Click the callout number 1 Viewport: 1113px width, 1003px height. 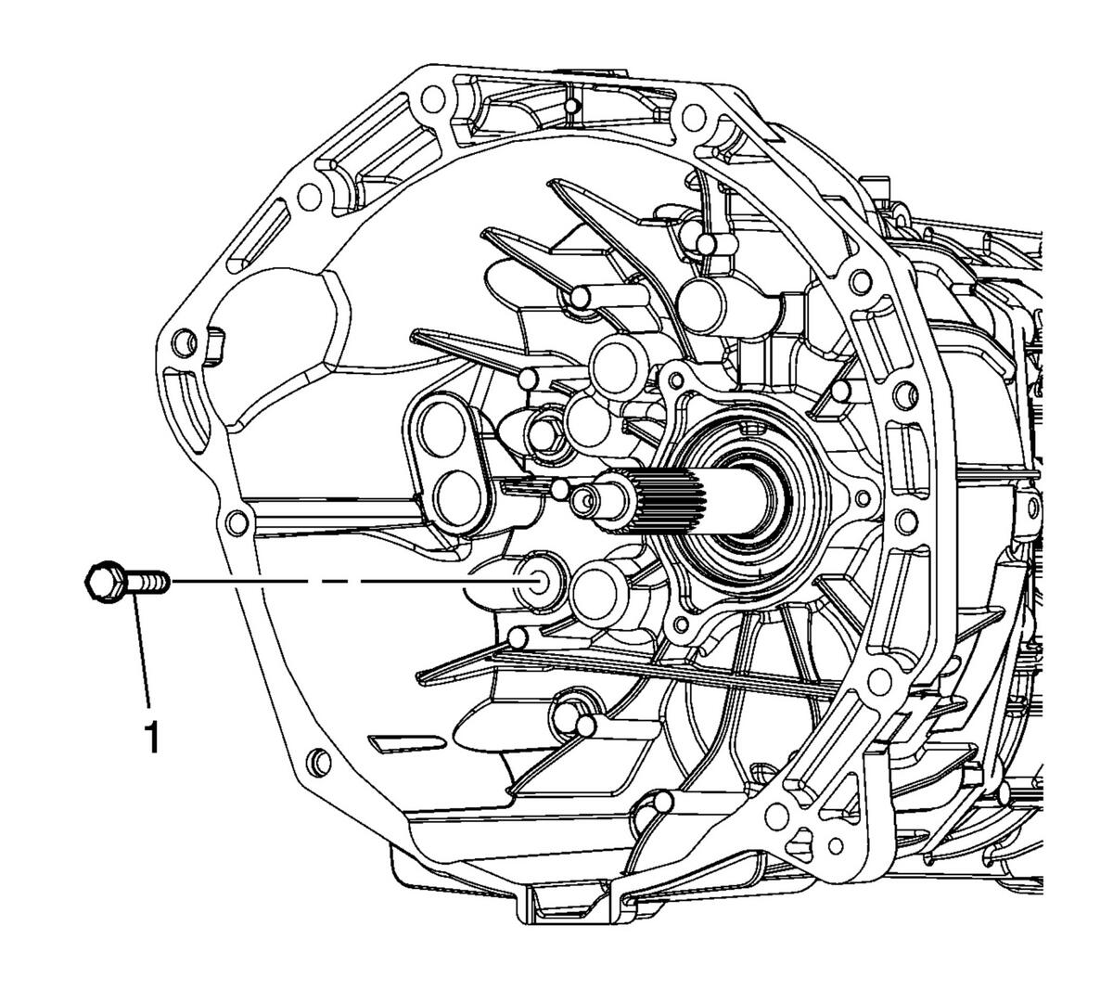(151, 736)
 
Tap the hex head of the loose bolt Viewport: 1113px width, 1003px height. (105, 581)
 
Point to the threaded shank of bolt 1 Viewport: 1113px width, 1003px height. (147, 582)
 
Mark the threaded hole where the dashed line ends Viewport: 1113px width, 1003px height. (536, 581)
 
